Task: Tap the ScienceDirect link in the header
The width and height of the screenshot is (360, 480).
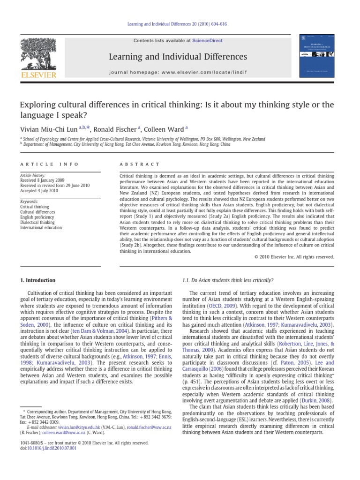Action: tap(208, 41)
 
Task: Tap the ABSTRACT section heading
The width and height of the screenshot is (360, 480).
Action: tap(140, 165)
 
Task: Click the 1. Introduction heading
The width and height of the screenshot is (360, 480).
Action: tap(37, 280)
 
